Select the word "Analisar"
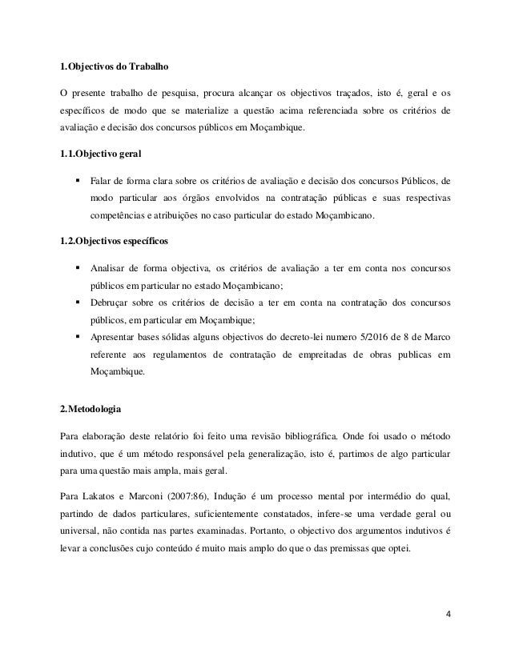pos(113,268)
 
